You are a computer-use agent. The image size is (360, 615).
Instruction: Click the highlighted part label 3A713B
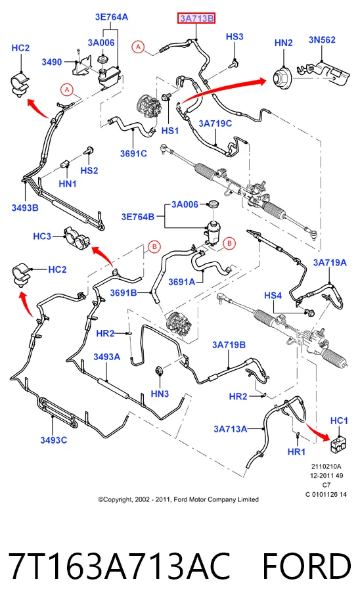[x=196, y=18]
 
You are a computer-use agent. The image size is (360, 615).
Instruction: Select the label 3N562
[x=322, y=39]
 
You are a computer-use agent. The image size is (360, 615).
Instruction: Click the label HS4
[x=273, y=295]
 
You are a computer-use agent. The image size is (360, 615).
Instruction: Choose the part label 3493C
[x=54, y=440]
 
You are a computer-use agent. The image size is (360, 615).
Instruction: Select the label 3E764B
[x=138, y=217]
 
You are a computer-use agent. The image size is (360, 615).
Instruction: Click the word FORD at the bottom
[x=306, y=566]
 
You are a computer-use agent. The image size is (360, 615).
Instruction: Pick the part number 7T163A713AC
[x=119, y=566]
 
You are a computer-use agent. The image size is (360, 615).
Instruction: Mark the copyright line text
[x=179, y=499]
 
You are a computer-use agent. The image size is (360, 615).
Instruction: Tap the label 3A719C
[x=215, y=124]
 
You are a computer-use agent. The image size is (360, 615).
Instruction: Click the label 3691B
[x=124, y=292]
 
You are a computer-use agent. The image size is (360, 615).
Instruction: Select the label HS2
[x=89, y=171]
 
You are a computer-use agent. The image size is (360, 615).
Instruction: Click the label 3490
[x=52, y=62]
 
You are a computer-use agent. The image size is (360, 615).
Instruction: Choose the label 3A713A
[x=230, y=429]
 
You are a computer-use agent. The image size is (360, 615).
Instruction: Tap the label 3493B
[x=25, y=208]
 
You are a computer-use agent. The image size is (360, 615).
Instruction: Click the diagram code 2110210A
[x=326, y=467]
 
